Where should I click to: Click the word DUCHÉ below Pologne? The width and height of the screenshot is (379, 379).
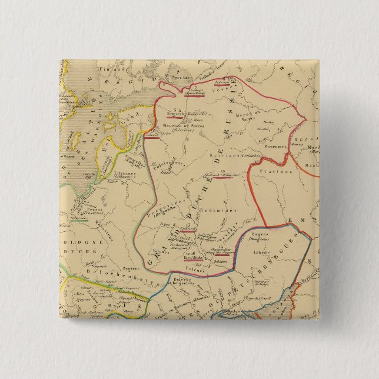pos(84,251)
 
